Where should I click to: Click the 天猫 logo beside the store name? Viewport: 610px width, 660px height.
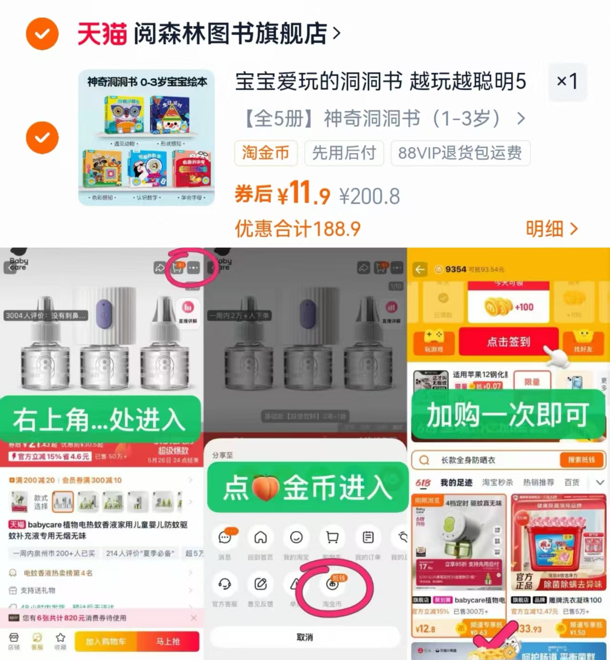click(x=102, y=34)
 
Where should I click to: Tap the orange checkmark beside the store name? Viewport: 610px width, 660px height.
click(x=42, y=34)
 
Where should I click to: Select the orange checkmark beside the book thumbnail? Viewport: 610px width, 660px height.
click(x=42, y=138)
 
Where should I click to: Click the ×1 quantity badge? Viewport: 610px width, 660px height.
click(x=567, y=82)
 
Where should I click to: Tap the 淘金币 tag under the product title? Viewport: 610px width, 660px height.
click(x=265, y=153)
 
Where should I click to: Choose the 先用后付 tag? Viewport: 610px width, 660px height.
click(x=344, y=153)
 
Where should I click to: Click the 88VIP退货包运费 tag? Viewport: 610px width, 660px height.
click(x=460, y=153)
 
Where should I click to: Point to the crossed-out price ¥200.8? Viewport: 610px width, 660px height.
click(x=369, y=196)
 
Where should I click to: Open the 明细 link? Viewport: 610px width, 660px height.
click(x=551, y=229)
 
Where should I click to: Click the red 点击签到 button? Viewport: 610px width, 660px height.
click(x=508, y=341)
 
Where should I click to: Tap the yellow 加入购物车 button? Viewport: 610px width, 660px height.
click(x=106, y=641)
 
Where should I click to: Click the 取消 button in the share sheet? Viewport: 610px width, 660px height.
click(x=305, y=637)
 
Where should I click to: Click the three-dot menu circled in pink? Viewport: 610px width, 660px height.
click(x=193, y=268)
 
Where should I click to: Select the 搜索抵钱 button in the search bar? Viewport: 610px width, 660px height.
click(x=581, y=460)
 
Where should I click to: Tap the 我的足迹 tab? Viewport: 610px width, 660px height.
click(x=456, y=483)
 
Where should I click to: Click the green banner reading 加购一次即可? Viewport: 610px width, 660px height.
click(x=508, y=414)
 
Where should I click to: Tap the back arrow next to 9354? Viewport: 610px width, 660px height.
click(x=420, y=269)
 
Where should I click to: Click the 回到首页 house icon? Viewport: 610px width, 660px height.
click(x=260, y=538)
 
